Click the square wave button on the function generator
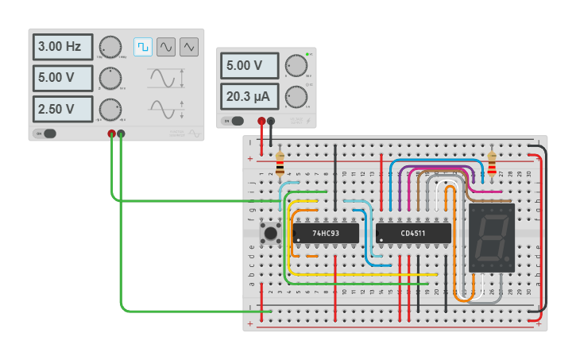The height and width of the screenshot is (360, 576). point(143,47)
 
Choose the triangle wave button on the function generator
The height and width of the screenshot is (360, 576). point(189,47)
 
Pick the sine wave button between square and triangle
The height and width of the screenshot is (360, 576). point(166,47)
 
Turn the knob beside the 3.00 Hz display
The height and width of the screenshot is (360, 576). point(110,47)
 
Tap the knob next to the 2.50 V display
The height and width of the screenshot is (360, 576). point(110,108)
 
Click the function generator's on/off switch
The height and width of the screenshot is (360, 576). point(46,134)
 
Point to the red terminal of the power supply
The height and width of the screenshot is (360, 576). point(261,121)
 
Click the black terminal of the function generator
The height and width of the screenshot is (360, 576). point(121,134)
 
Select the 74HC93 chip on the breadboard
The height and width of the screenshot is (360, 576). point(326,234)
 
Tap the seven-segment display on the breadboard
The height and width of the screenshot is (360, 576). point(492,238)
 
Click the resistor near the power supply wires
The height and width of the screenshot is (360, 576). point(280,164)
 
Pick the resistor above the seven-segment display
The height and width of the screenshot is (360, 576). point(492,164)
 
